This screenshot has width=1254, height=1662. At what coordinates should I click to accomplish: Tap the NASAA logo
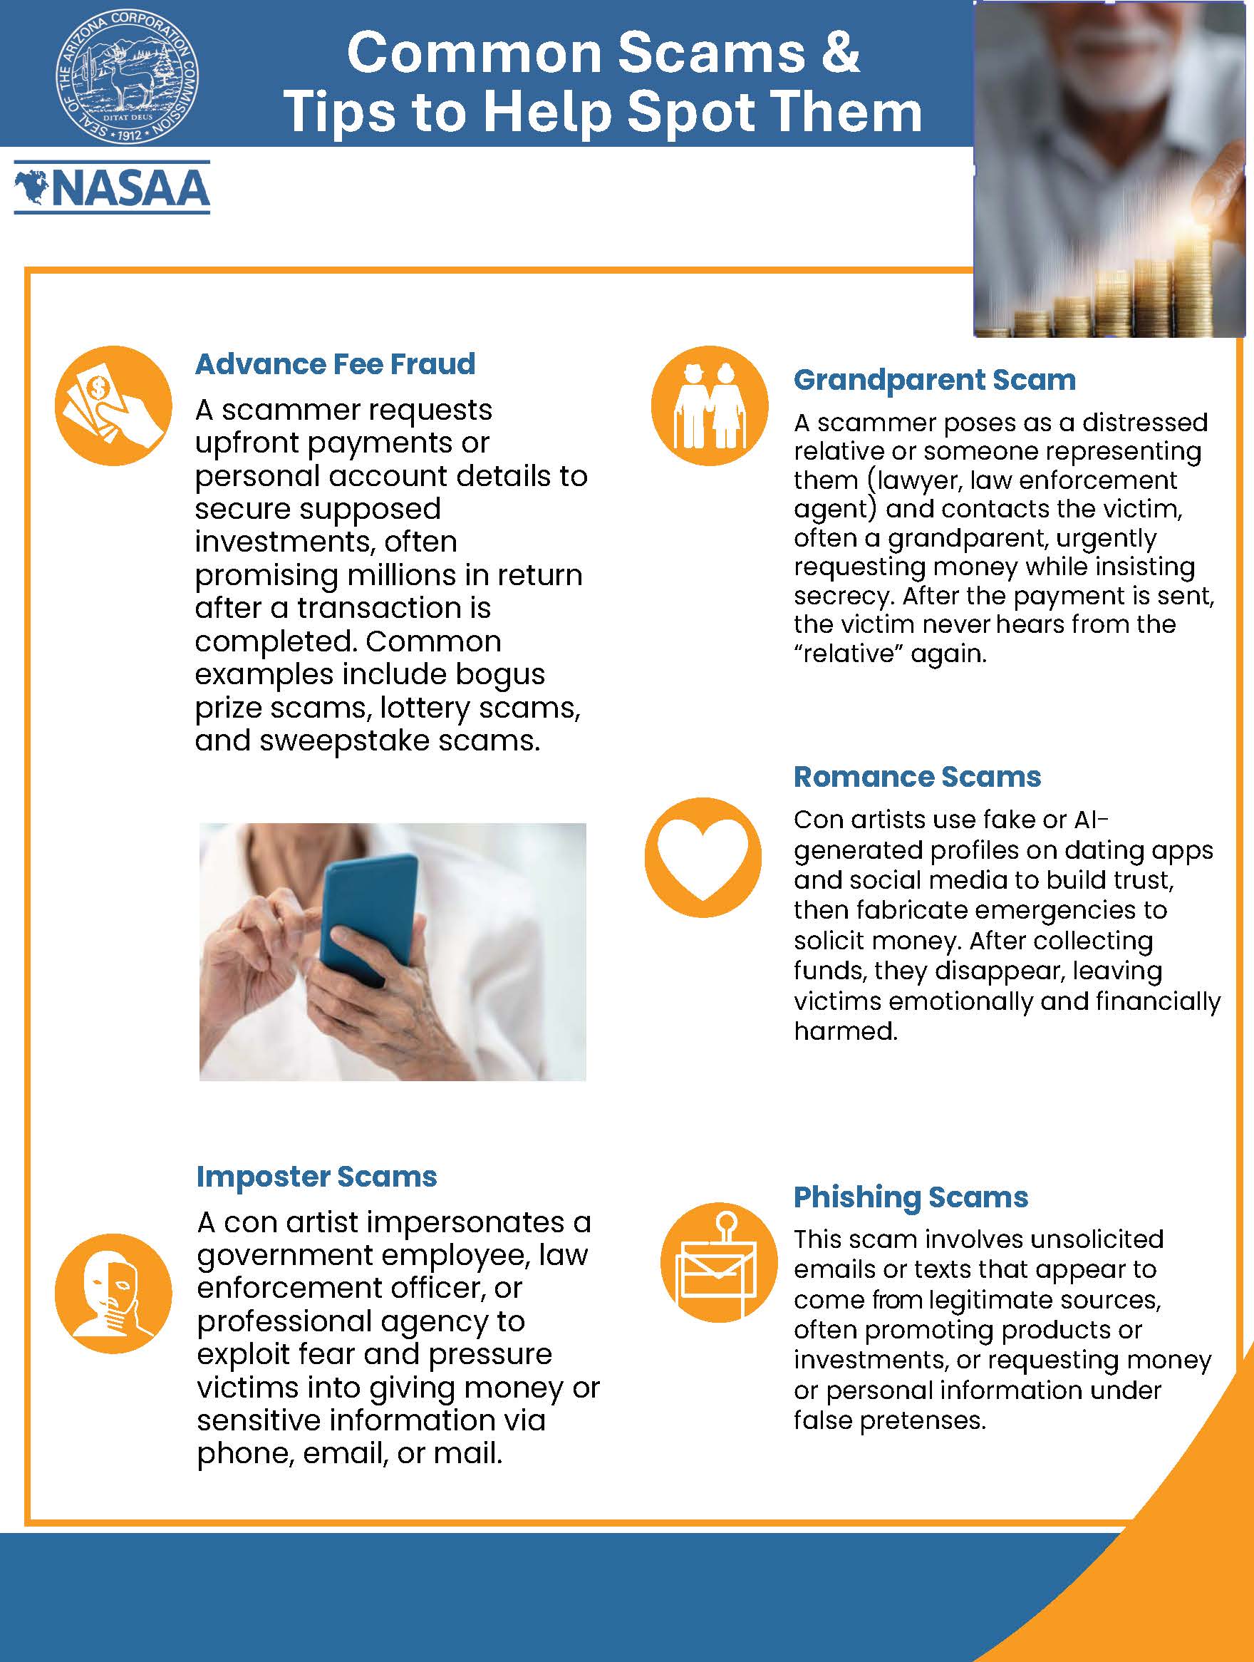[112, 187]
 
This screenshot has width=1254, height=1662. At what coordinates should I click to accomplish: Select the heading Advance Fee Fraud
[335, 363]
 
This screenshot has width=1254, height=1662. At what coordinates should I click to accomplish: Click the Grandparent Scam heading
[935, 379]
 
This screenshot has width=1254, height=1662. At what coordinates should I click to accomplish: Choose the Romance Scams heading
[917, 776]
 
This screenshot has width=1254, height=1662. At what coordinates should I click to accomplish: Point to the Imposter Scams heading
[316, 1176]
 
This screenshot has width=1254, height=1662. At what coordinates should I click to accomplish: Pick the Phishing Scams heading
[911, 1196]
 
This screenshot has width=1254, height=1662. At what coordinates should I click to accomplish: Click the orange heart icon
[703, 857]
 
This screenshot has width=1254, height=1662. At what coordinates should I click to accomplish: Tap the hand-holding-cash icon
[113, 406]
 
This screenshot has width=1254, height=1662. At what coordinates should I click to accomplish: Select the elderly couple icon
[709, 406]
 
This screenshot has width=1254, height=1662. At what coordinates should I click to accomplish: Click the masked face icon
[113, 1294]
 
